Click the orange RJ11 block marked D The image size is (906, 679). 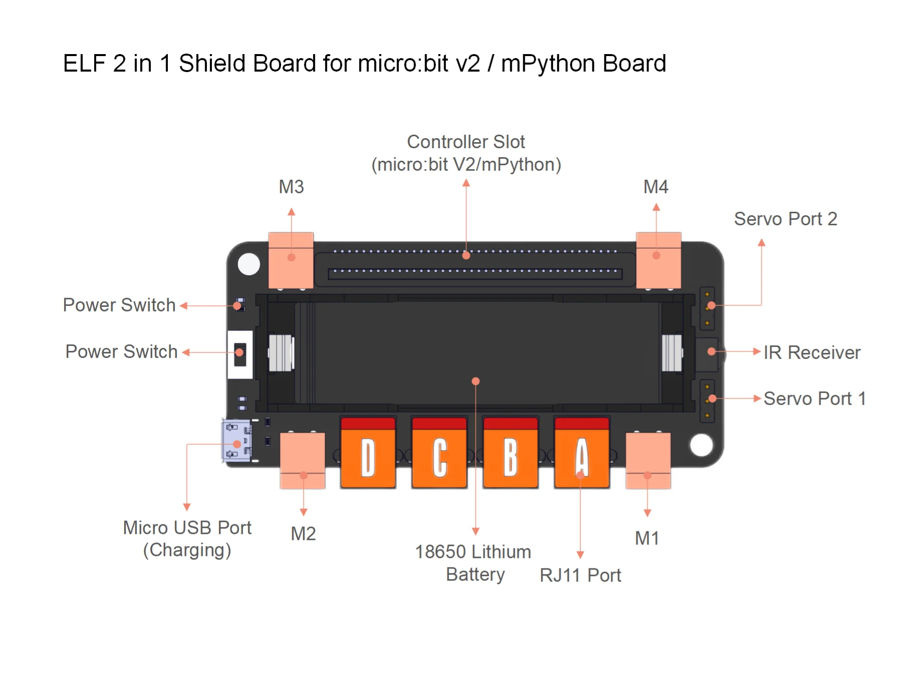pos(368,453)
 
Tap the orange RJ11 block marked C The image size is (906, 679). pos(439,453)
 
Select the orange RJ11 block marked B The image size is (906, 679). pos(510,453)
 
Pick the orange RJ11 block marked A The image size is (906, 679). pos(582,453)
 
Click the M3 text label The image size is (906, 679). pos(291,187)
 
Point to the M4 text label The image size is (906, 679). pos(655,187)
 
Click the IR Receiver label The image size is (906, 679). pos(812,353)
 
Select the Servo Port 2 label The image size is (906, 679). pos(785,219)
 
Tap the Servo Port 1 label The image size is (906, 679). pos(815,399)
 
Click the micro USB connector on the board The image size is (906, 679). pos(237,441)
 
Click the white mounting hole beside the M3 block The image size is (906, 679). pos(249,264)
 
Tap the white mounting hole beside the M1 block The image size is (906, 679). pos(701,445)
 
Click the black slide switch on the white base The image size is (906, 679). pos(240,354)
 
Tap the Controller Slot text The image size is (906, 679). pos(466,142)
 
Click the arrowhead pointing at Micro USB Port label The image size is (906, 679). pos(187,507)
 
